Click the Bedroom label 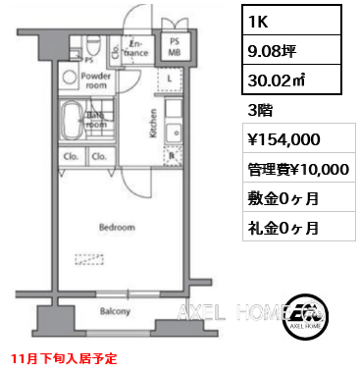click(116, 228)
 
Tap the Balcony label click(116, 312)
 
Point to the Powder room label click(96, 80)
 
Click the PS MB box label click(174, 47)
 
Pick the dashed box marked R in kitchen click(173, 153)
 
